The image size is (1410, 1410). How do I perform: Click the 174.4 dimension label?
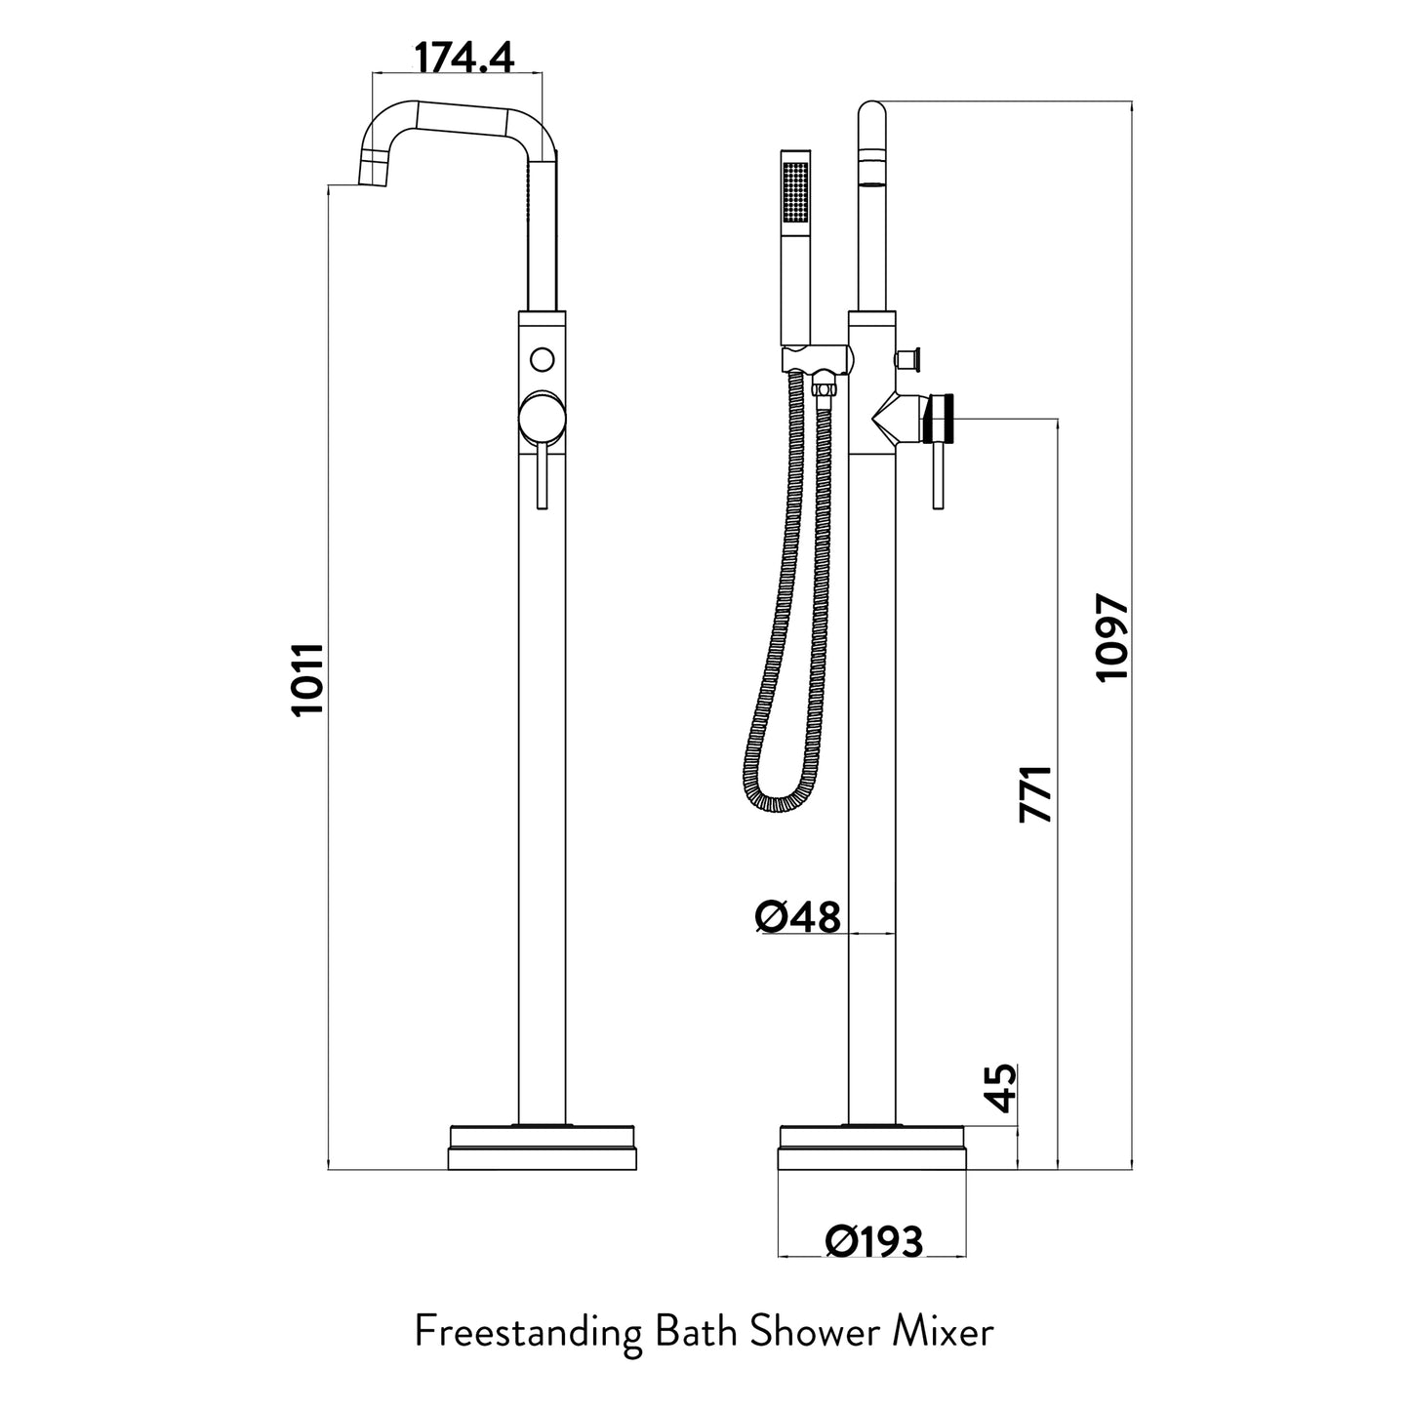click(464, 59)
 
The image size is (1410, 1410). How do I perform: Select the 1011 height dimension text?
click(308, 679)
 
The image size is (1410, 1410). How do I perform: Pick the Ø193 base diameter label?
click(873, 1241)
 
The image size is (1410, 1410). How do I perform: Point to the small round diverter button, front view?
click(542, 358)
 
